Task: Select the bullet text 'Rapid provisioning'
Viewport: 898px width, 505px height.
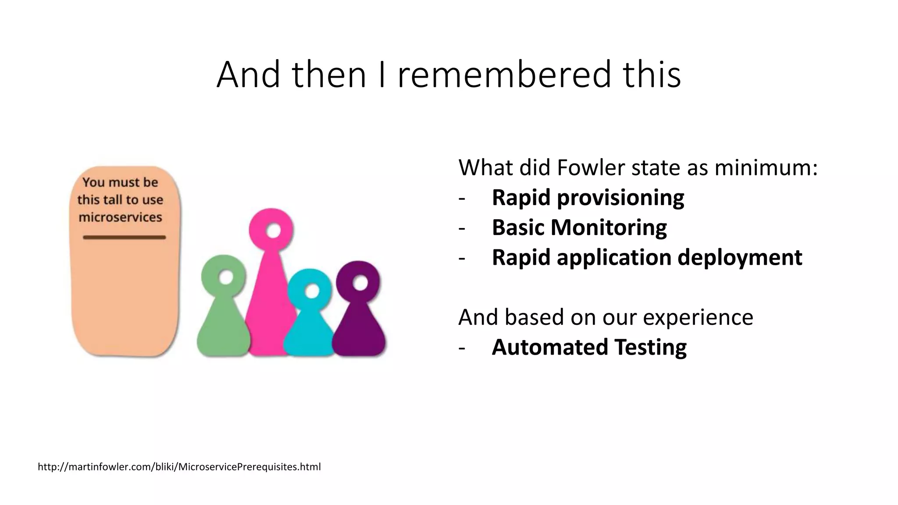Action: coord(588,198)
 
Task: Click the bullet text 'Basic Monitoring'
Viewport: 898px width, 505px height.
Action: coord(579,228)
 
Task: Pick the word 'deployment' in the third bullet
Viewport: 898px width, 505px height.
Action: coord(740,257)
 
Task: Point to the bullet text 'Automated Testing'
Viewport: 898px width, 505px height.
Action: coord(589,347)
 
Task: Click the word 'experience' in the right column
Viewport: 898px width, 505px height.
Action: coord(698,317)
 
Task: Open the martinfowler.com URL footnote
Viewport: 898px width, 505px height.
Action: coord(179,467)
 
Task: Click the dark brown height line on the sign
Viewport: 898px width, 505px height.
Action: coord(124,238)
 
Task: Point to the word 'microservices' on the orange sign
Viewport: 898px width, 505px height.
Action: coord(120,217)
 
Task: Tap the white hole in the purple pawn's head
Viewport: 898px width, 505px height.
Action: coord(360,283)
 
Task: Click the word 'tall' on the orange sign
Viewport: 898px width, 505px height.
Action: coord(112,200)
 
